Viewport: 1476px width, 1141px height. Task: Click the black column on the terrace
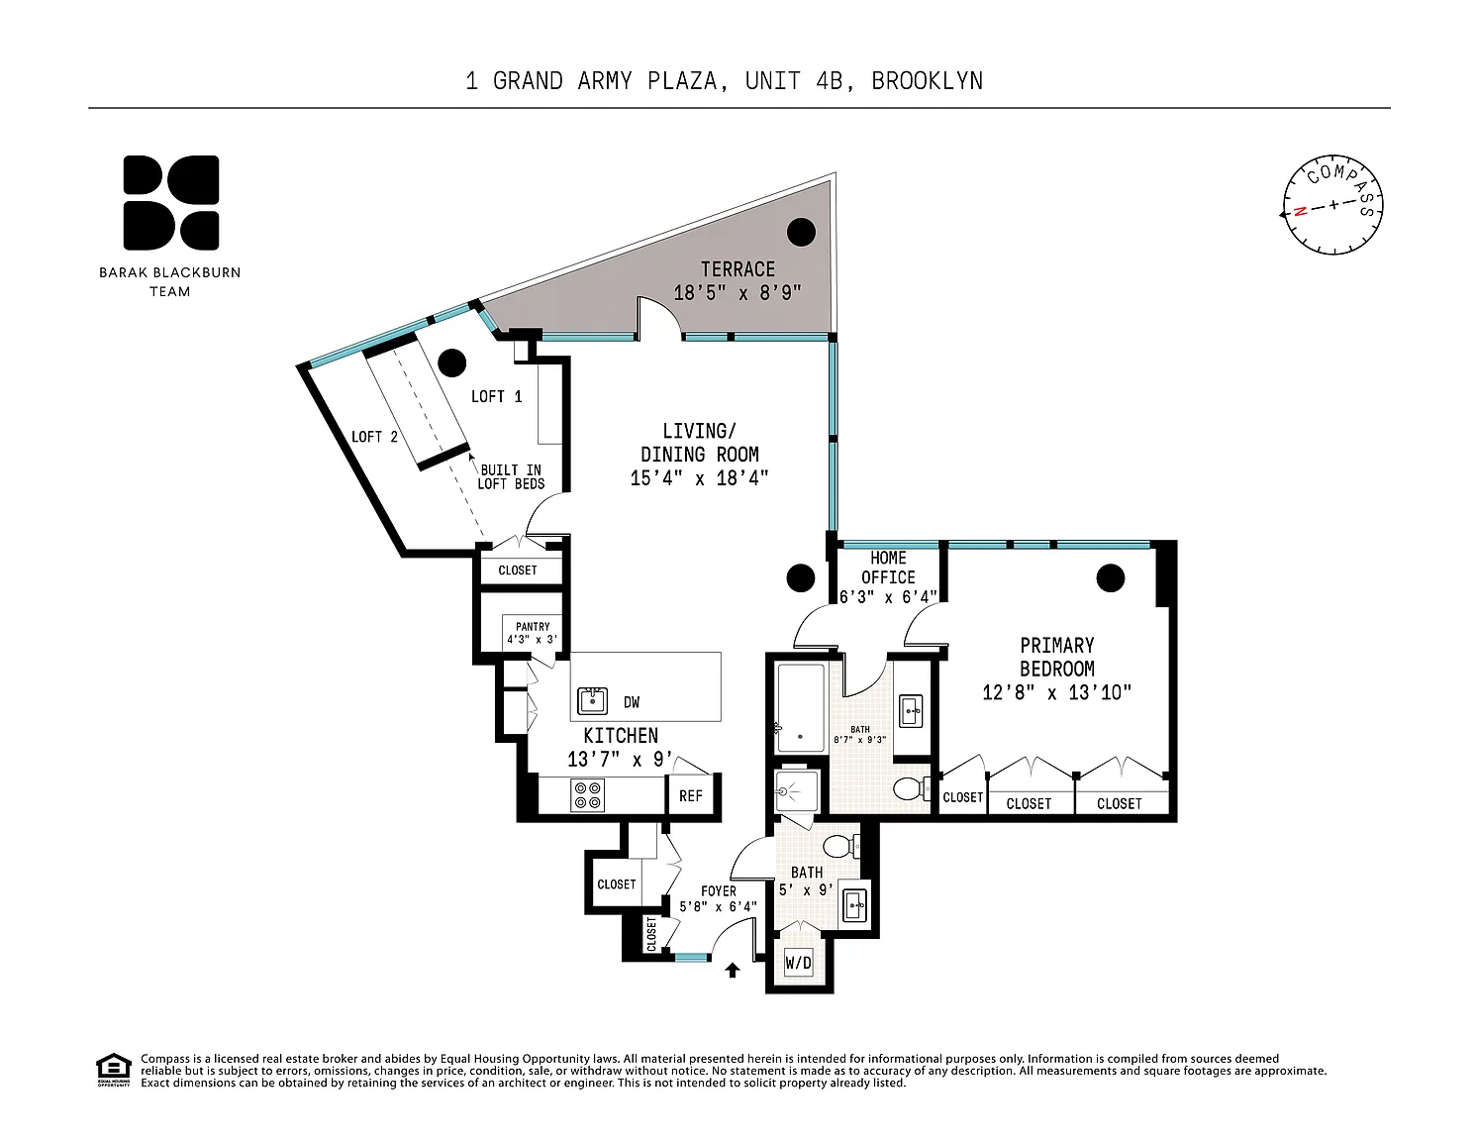point(801,233)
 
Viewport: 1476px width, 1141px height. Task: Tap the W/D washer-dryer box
point(798,963)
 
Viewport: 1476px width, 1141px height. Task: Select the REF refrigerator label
point(690,795)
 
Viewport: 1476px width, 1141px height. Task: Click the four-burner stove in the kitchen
point(588,795)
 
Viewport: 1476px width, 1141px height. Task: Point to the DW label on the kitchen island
point(632,702)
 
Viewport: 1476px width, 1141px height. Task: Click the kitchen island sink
point(592,700)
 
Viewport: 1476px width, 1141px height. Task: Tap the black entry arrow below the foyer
point(733,970)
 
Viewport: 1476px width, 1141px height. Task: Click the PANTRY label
point(533,627)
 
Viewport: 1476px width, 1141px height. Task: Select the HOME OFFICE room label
point(888,568)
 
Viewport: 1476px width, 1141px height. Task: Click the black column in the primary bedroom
point(1111,578)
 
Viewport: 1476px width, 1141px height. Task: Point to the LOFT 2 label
point(374,436)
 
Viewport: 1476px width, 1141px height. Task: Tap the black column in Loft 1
point(451,363)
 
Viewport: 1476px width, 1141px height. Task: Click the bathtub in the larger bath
point(801,707)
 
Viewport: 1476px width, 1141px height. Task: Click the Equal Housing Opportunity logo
point(114,1070)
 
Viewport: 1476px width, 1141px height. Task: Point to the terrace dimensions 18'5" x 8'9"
point(738,292)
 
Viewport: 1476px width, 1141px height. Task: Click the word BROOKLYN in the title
point(928,81)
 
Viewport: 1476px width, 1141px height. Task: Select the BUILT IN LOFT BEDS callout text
point(511,477)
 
